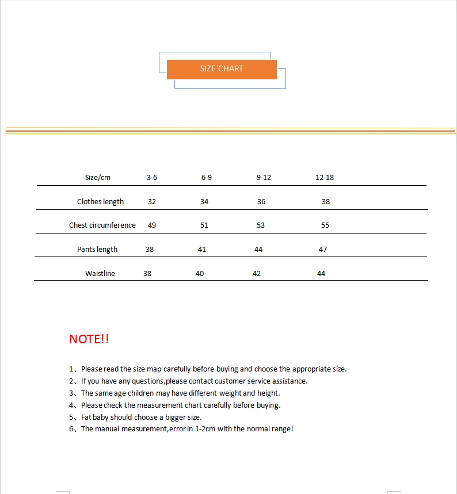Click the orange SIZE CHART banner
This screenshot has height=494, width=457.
(222, 69)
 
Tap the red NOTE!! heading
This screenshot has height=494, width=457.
(89, 339)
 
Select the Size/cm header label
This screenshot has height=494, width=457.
(98, 178)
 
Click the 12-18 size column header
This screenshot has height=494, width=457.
(325, 178)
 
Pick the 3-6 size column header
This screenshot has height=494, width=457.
(152, 178)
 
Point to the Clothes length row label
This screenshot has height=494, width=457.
(101, 202)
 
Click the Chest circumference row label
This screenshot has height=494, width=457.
(102, 225)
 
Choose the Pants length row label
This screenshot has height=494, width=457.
(97, 250)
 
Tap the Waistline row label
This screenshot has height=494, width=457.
(100, 274)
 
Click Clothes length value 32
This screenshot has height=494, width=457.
(152, 202)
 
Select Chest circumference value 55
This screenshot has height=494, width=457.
(325, 225)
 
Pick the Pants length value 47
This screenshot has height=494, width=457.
(323, 250)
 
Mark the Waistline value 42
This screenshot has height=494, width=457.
(257, 274)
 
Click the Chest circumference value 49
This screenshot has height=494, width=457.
(152, 225)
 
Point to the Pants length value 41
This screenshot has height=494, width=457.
(202, 250)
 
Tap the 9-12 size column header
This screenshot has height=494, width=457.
(264, 178)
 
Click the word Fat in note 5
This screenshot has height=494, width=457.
(87, 418)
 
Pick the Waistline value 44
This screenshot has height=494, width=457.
(321, 274)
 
